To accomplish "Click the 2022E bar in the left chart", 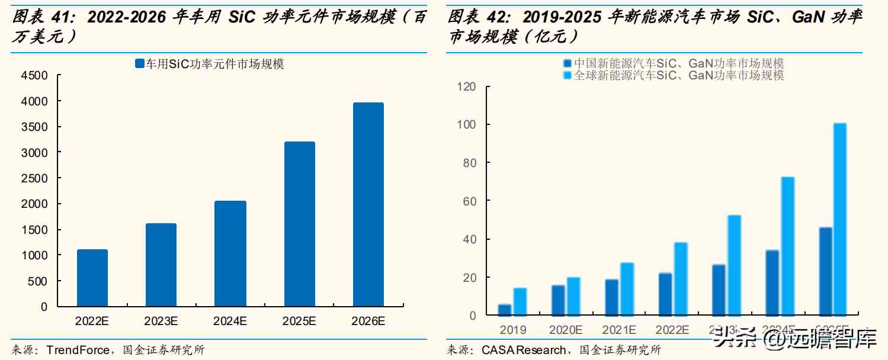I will (x=92, y=278).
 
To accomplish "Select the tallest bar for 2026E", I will (x=368, y=204).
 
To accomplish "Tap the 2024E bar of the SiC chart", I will (x=230, y=253).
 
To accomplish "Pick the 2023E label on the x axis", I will (x=161, y=322).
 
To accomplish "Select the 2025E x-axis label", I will (x=299, y=322).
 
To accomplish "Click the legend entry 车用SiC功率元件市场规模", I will (x=209, y=64).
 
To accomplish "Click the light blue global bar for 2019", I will (x=520, y=301).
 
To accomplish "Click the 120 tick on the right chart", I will (x=467, y=86).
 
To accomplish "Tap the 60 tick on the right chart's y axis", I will (x=469, y=201).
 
